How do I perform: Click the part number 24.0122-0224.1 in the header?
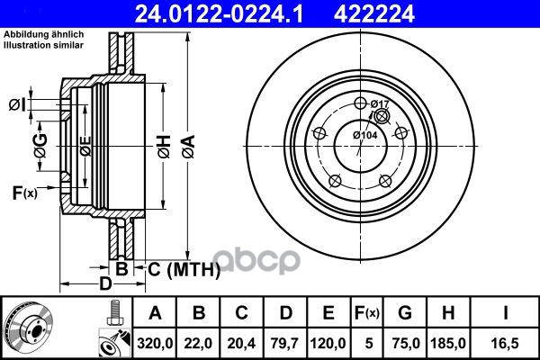(x=220, y=13)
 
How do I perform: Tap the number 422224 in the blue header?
(x=374, y=13)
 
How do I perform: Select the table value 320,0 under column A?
(x=155, y=343)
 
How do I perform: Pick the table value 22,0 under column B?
(x=198, y=343)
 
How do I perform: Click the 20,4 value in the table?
(x=241, y=343)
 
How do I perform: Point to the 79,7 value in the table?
(x=284, y=343)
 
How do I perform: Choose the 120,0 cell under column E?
(x=328, y=343)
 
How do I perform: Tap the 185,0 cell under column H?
(x=448, y=343)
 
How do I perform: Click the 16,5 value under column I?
(x=505, y=343)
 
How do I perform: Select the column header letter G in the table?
(x=405, y=313)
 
